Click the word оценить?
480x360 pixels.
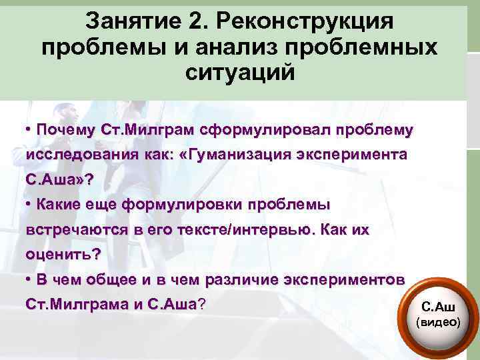coord(63,254)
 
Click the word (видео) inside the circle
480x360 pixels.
coord(439,321)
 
